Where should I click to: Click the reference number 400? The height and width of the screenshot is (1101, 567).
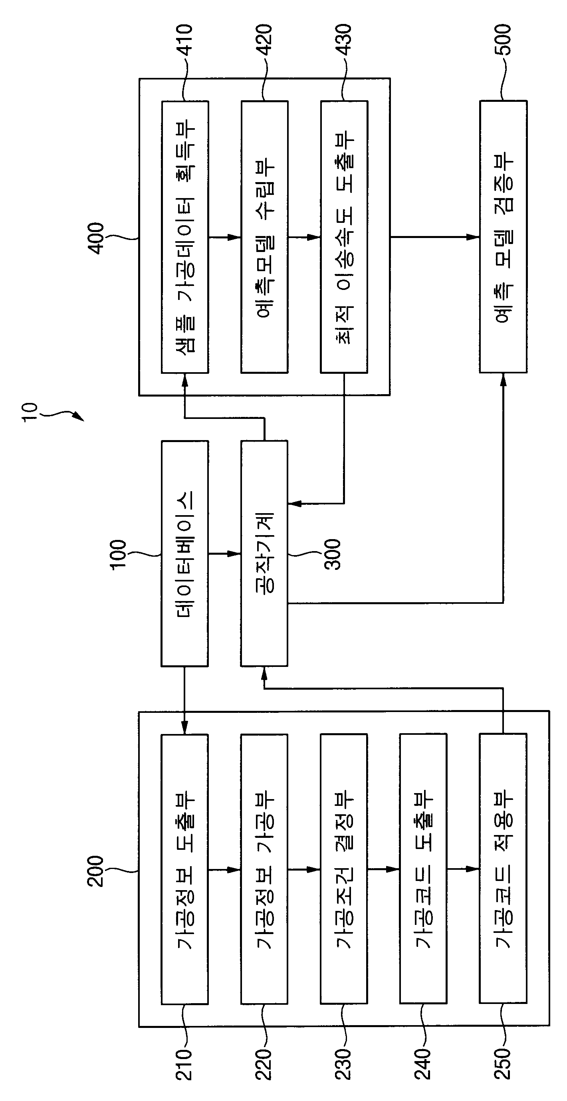click(x=96, y=238)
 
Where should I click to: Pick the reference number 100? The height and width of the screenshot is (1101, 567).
click(x=118, y=554)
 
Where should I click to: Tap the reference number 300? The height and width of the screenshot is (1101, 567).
click(x=332, y=554)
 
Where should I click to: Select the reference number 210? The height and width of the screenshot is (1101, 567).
click(x=184, y=1064)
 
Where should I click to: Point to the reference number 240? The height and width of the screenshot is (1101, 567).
click(x=423, y=1064)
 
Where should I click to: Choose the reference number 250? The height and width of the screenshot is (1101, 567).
click(x=503, y=1064)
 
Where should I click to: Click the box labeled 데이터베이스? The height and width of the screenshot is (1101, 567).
click(x=184, y=553)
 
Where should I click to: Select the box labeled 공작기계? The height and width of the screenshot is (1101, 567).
click(x=264, y=553)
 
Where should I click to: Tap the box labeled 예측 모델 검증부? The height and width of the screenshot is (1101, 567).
click(x=503, y=237)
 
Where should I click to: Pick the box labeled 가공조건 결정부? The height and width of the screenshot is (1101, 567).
click(x=344, y=869)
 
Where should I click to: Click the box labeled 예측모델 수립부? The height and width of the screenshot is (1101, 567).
click(x=264, y=237)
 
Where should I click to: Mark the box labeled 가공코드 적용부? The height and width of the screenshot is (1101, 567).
click(x=503, y=869)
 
